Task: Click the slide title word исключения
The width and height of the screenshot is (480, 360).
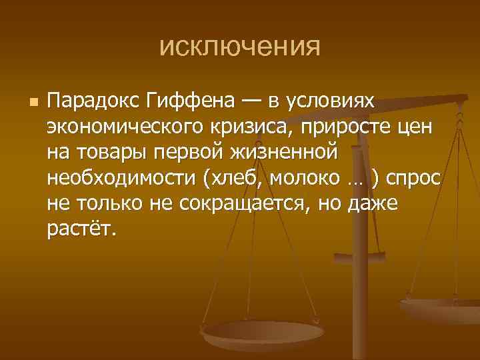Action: [240, 47]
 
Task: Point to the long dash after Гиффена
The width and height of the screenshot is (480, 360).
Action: [251, 101]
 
